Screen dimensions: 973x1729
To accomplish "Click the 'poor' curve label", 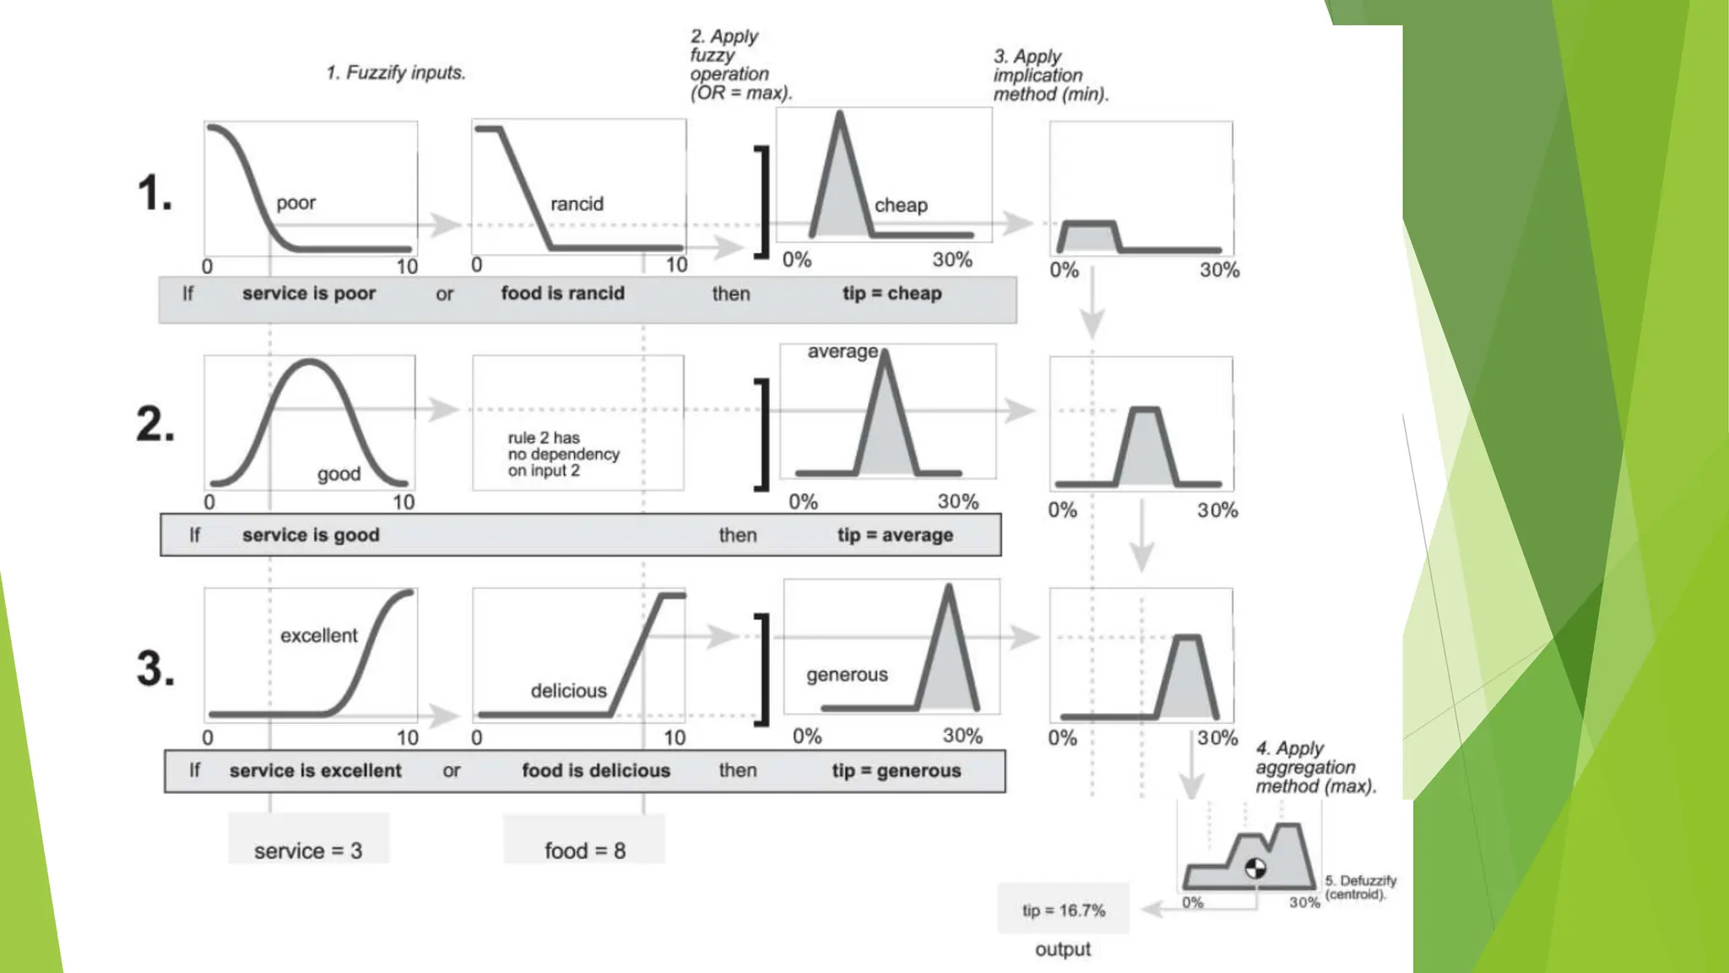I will point(295,203).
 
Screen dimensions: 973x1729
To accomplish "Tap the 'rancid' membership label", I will point(577,204).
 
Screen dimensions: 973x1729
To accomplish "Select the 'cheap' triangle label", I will point(901,205).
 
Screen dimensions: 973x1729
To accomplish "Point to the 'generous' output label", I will point(847,675).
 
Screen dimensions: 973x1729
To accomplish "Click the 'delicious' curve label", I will point(568,691).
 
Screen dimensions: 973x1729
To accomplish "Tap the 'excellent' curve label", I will point(318,635).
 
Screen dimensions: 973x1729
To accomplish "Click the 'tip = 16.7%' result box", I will point(1063,910).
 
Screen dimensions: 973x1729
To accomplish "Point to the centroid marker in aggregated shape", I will point(1255,867).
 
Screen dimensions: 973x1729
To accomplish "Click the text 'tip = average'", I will point(895,535).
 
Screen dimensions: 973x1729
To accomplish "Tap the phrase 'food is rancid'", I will point(562,293).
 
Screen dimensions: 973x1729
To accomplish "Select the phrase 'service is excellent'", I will point(315,770).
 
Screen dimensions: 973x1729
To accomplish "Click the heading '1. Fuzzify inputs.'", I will point(396,73).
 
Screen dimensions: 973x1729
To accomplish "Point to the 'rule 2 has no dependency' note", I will point(563,454).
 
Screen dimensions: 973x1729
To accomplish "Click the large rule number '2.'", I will point(155,424).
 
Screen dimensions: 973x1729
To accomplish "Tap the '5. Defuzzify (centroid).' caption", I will point(1360,887).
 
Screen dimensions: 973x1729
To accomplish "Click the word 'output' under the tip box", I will point(1063,949).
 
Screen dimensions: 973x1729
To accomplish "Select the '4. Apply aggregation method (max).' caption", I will point(1314,767).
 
